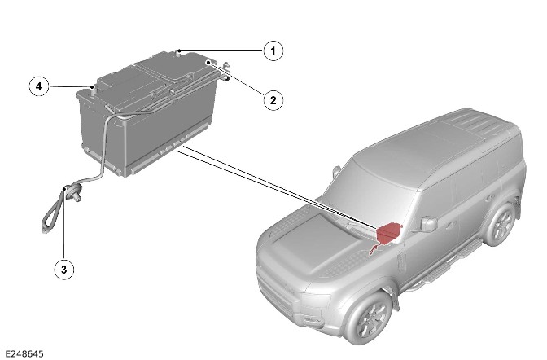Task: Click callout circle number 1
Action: click(273, 51)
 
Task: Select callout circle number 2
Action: click(273, 100)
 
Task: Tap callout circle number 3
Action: click(64, 270)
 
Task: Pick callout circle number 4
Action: click(39, 86)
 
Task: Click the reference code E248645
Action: click(24, 354)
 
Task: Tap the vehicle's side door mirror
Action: click(429, 224)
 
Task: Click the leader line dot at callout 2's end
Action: click(208, 62)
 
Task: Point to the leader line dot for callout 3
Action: click(64, 189)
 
